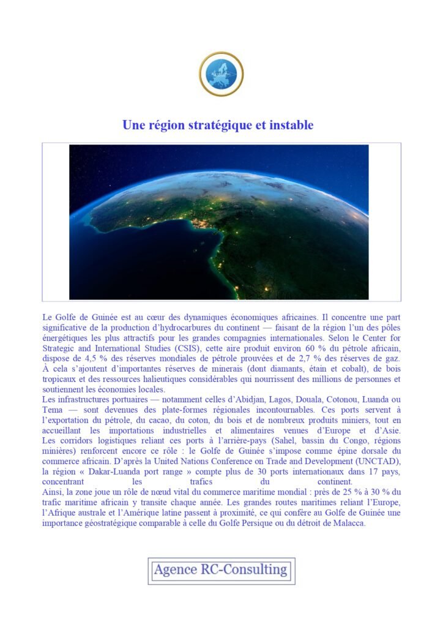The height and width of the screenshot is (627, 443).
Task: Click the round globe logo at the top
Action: pos(221,74)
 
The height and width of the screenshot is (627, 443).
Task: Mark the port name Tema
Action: pos(53,409)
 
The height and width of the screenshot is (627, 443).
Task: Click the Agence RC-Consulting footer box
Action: pos(221,571)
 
